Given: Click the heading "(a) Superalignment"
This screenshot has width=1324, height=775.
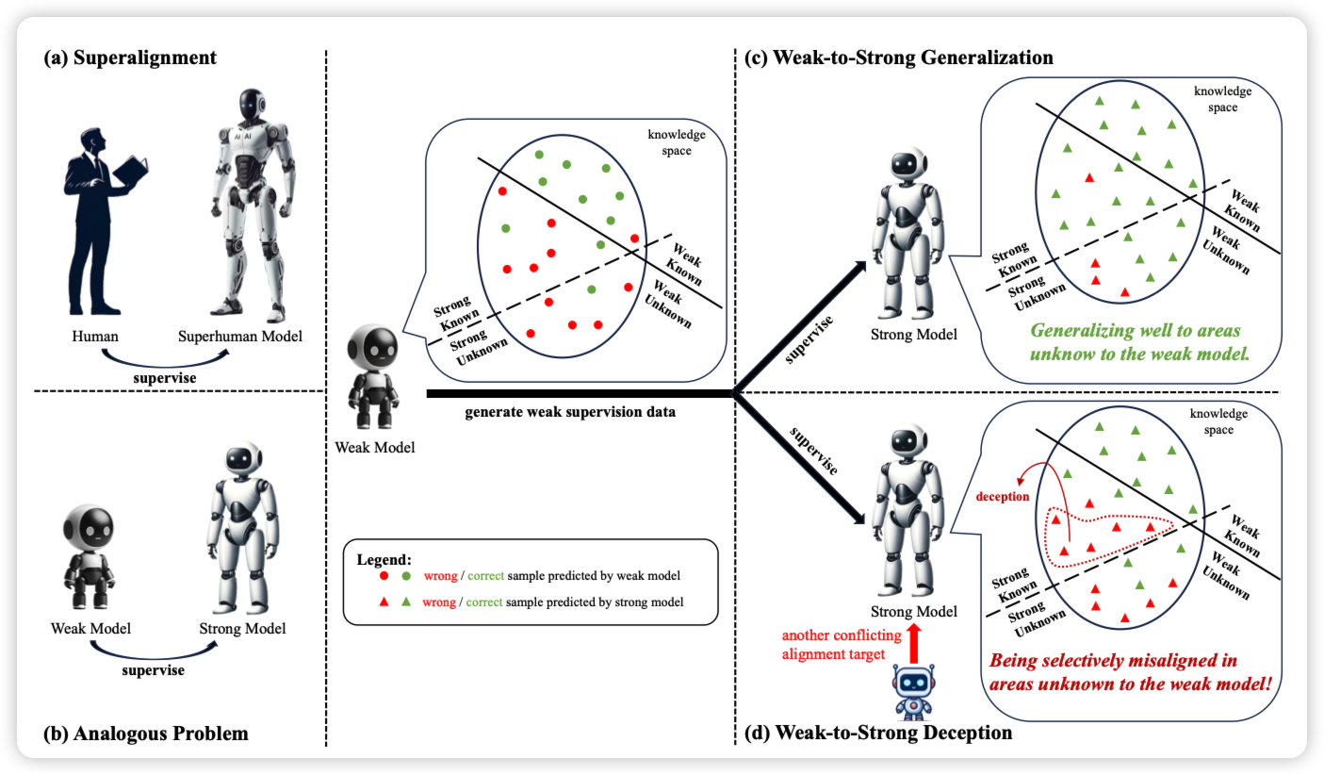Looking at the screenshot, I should coord(130,58).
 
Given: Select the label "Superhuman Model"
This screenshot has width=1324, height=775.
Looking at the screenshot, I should coord(240,335).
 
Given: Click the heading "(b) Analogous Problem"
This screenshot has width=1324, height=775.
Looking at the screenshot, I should coord(147,734).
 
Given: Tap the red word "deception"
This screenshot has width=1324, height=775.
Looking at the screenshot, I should coord(1003,496).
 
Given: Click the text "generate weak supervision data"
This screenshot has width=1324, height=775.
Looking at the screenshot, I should coord(570,411).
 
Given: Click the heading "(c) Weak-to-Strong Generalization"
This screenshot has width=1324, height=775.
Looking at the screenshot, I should coord(898,58).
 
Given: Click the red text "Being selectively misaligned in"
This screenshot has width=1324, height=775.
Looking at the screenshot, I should coord(1113,660).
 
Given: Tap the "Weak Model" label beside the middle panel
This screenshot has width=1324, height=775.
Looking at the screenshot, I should coord(374,446).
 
